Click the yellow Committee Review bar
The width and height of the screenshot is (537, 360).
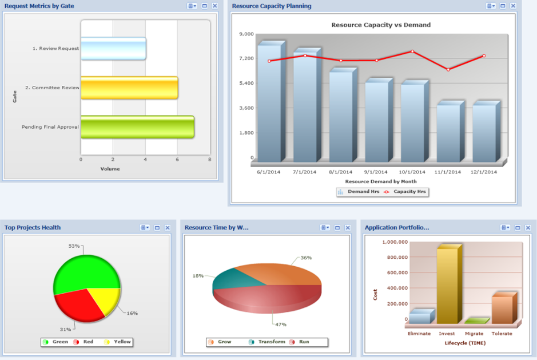pos(129,88)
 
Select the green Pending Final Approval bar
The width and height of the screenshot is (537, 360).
pos(137,127)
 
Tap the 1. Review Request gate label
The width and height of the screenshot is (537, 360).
pos(55,49)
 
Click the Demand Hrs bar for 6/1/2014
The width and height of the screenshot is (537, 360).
pos(269,103)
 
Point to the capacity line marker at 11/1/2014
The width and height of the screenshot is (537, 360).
pos(448,69)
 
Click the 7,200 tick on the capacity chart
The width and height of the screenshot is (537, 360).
pos(246,58)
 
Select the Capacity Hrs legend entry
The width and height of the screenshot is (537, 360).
pos(407,192)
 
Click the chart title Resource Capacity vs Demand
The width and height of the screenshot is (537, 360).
pos(381,25)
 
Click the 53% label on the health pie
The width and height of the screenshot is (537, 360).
pos(74,246)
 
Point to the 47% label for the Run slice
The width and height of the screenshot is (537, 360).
pos(280,325)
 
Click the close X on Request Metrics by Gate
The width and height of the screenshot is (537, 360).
pos(214,6)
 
